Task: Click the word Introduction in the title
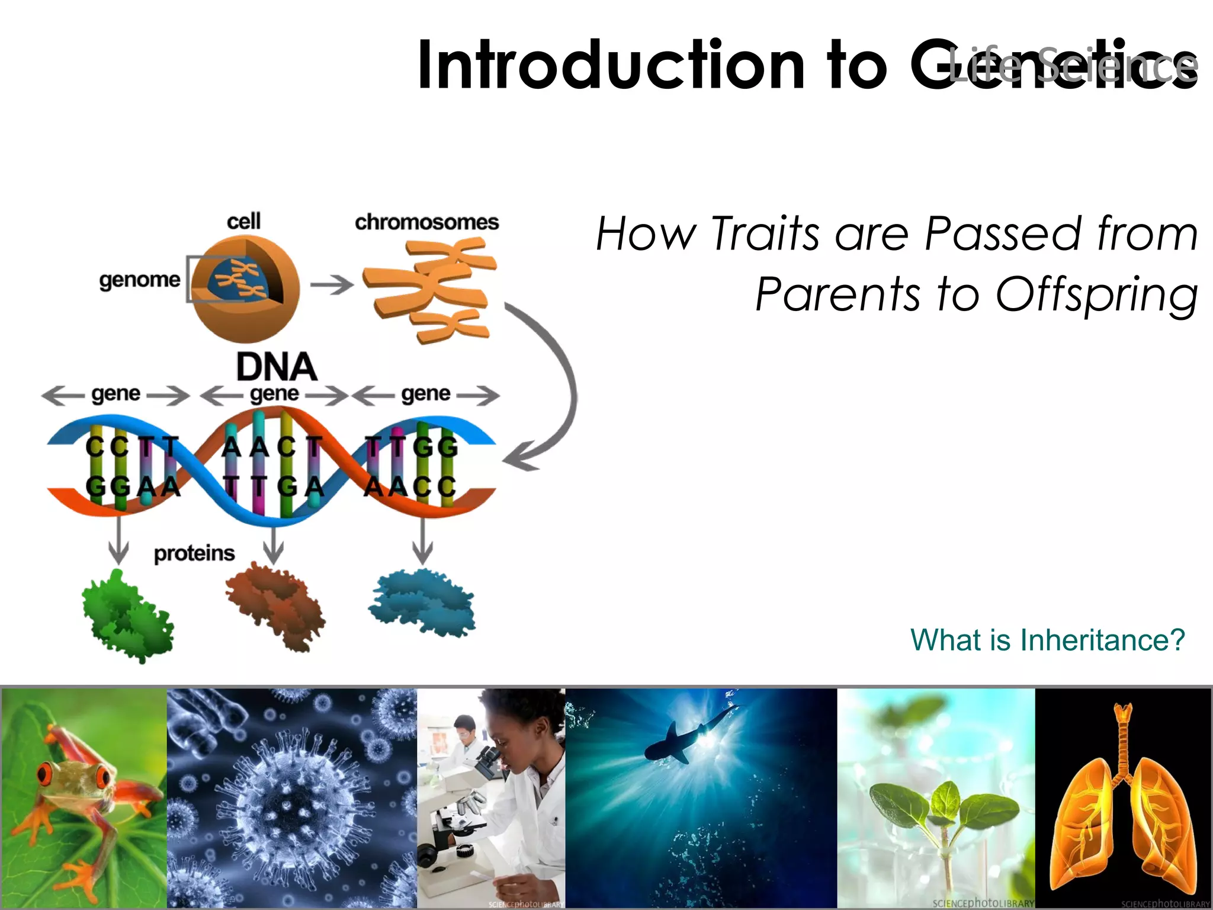[610, 65]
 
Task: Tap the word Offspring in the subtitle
[1096, 294]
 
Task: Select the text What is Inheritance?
[1047, 640]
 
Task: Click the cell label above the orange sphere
[243, 222]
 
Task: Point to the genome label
[140, 280]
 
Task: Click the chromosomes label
[426, 222]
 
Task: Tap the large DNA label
[276, 367]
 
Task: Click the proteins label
[194, 553]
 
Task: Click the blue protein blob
[422, 601]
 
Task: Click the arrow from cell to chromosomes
[332, 285]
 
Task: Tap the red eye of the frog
[46, 773]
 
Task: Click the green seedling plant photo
[942, 812]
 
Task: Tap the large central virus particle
[290, 806]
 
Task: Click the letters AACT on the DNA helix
[272, 447]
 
